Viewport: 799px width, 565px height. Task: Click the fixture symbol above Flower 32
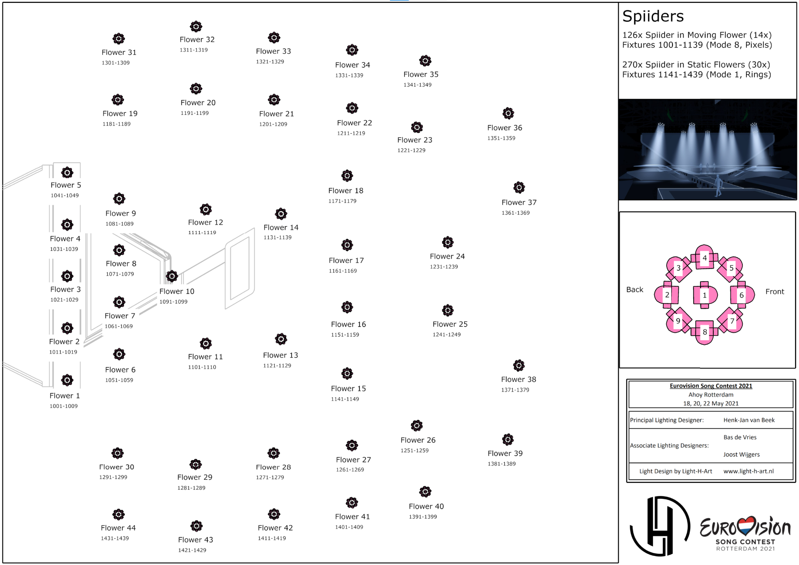[x=196, y=27]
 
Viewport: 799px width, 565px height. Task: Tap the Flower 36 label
[x=504, y=128]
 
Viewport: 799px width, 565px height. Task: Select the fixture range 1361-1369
[x=516, y=213]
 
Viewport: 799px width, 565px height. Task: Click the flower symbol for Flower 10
[x=172, y=276]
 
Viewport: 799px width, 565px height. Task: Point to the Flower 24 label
[x=447, y=256]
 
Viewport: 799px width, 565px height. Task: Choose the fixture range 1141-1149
[x=345, y=399]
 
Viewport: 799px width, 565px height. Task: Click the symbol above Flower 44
[x=119, y=515]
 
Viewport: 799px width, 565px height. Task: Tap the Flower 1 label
[x=65, y=396]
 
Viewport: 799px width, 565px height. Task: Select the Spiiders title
[x=653, y=17]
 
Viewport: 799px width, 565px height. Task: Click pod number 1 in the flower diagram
[x=705, y=295]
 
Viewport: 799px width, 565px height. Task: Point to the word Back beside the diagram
[x=635, y=290]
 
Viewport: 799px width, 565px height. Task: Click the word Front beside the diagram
[x=774, y=292]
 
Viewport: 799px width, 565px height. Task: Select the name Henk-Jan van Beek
[x=749, y=420]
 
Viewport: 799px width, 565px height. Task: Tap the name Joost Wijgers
[x=742, y=454]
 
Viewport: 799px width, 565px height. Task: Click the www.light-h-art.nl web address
[x=749, y=471]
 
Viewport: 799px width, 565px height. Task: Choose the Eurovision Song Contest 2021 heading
[x=711, y=386]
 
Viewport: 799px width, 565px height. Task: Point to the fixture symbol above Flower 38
[x=519, y=366]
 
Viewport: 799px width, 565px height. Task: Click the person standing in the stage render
[x=718, y=186]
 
